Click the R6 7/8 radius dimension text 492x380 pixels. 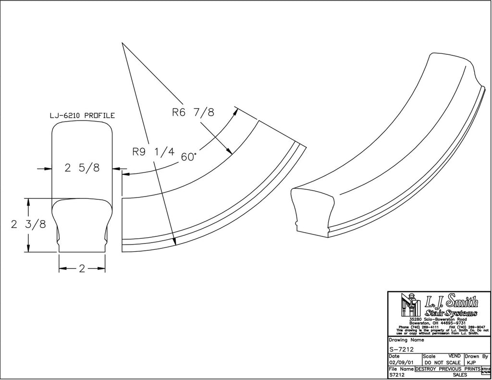193,113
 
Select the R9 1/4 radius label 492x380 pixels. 153,152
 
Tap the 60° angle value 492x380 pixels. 189,157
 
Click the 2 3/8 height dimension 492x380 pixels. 28,224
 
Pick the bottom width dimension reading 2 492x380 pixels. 82,269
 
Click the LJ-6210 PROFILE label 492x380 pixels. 82,116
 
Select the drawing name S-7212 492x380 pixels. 402,349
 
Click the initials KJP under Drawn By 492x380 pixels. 471,362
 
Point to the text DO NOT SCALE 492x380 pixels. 443,362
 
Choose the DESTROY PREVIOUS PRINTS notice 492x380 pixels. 447,368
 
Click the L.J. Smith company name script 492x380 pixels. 452,302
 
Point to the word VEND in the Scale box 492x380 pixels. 454,356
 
